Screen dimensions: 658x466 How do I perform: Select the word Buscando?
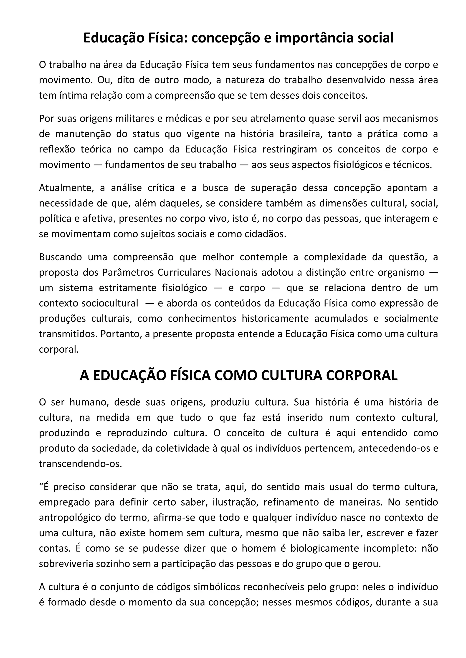click(x=61, y=257)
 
